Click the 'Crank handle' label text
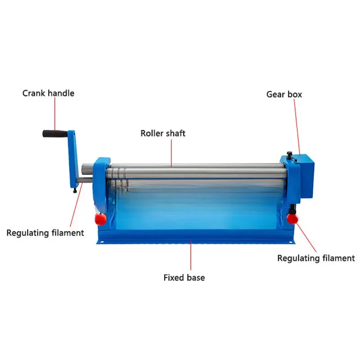tap(48, 93)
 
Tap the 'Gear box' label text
tap(284, 94)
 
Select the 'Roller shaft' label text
tap(163, 133)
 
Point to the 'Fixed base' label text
tap(184, 278)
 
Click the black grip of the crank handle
tap(55, 134)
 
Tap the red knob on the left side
tap(100, 219)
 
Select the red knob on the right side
tap(292, 218)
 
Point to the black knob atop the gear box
tap(289, 153)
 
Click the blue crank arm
tap(73, 159)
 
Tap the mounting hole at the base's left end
tap(102, 242)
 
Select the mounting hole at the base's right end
tap(290, 242)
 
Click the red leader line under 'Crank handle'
tap(55, 114)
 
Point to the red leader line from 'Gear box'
tap(297, 127)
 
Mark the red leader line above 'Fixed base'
tap(190, 255)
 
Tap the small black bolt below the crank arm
tap(75, 190)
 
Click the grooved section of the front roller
tap(117, 173)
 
